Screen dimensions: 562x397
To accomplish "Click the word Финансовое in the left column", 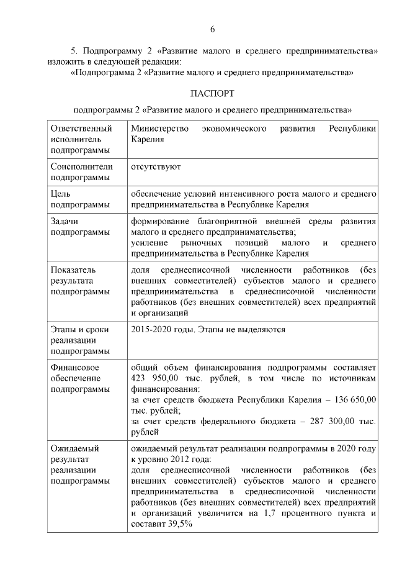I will click(x=75, y=367).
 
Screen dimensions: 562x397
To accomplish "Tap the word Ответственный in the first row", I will click(x=82, y=128).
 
